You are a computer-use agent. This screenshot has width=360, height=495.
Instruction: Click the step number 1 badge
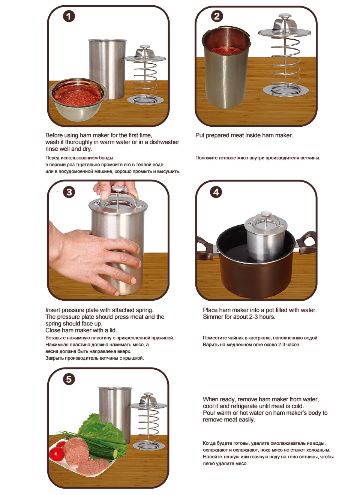[x=69, y=16]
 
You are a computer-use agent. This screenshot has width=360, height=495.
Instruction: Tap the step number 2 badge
[x=217, y=16]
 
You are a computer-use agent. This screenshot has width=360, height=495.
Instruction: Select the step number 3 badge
[x=69, y=192]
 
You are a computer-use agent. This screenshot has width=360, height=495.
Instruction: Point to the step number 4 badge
[x=216, y=192]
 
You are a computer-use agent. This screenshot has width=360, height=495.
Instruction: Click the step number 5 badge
[x=69, y=379]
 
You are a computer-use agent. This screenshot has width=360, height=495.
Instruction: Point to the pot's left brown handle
[x=203, y=248]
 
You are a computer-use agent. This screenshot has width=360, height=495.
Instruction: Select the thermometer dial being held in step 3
[x=118, y=189]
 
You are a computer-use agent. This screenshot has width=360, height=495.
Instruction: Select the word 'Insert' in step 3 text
[x=52, y=310]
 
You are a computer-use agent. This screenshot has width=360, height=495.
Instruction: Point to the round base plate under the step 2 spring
[x=286, y=90]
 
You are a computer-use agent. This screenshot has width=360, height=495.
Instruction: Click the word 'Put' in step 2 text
[x=200, y=135]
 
